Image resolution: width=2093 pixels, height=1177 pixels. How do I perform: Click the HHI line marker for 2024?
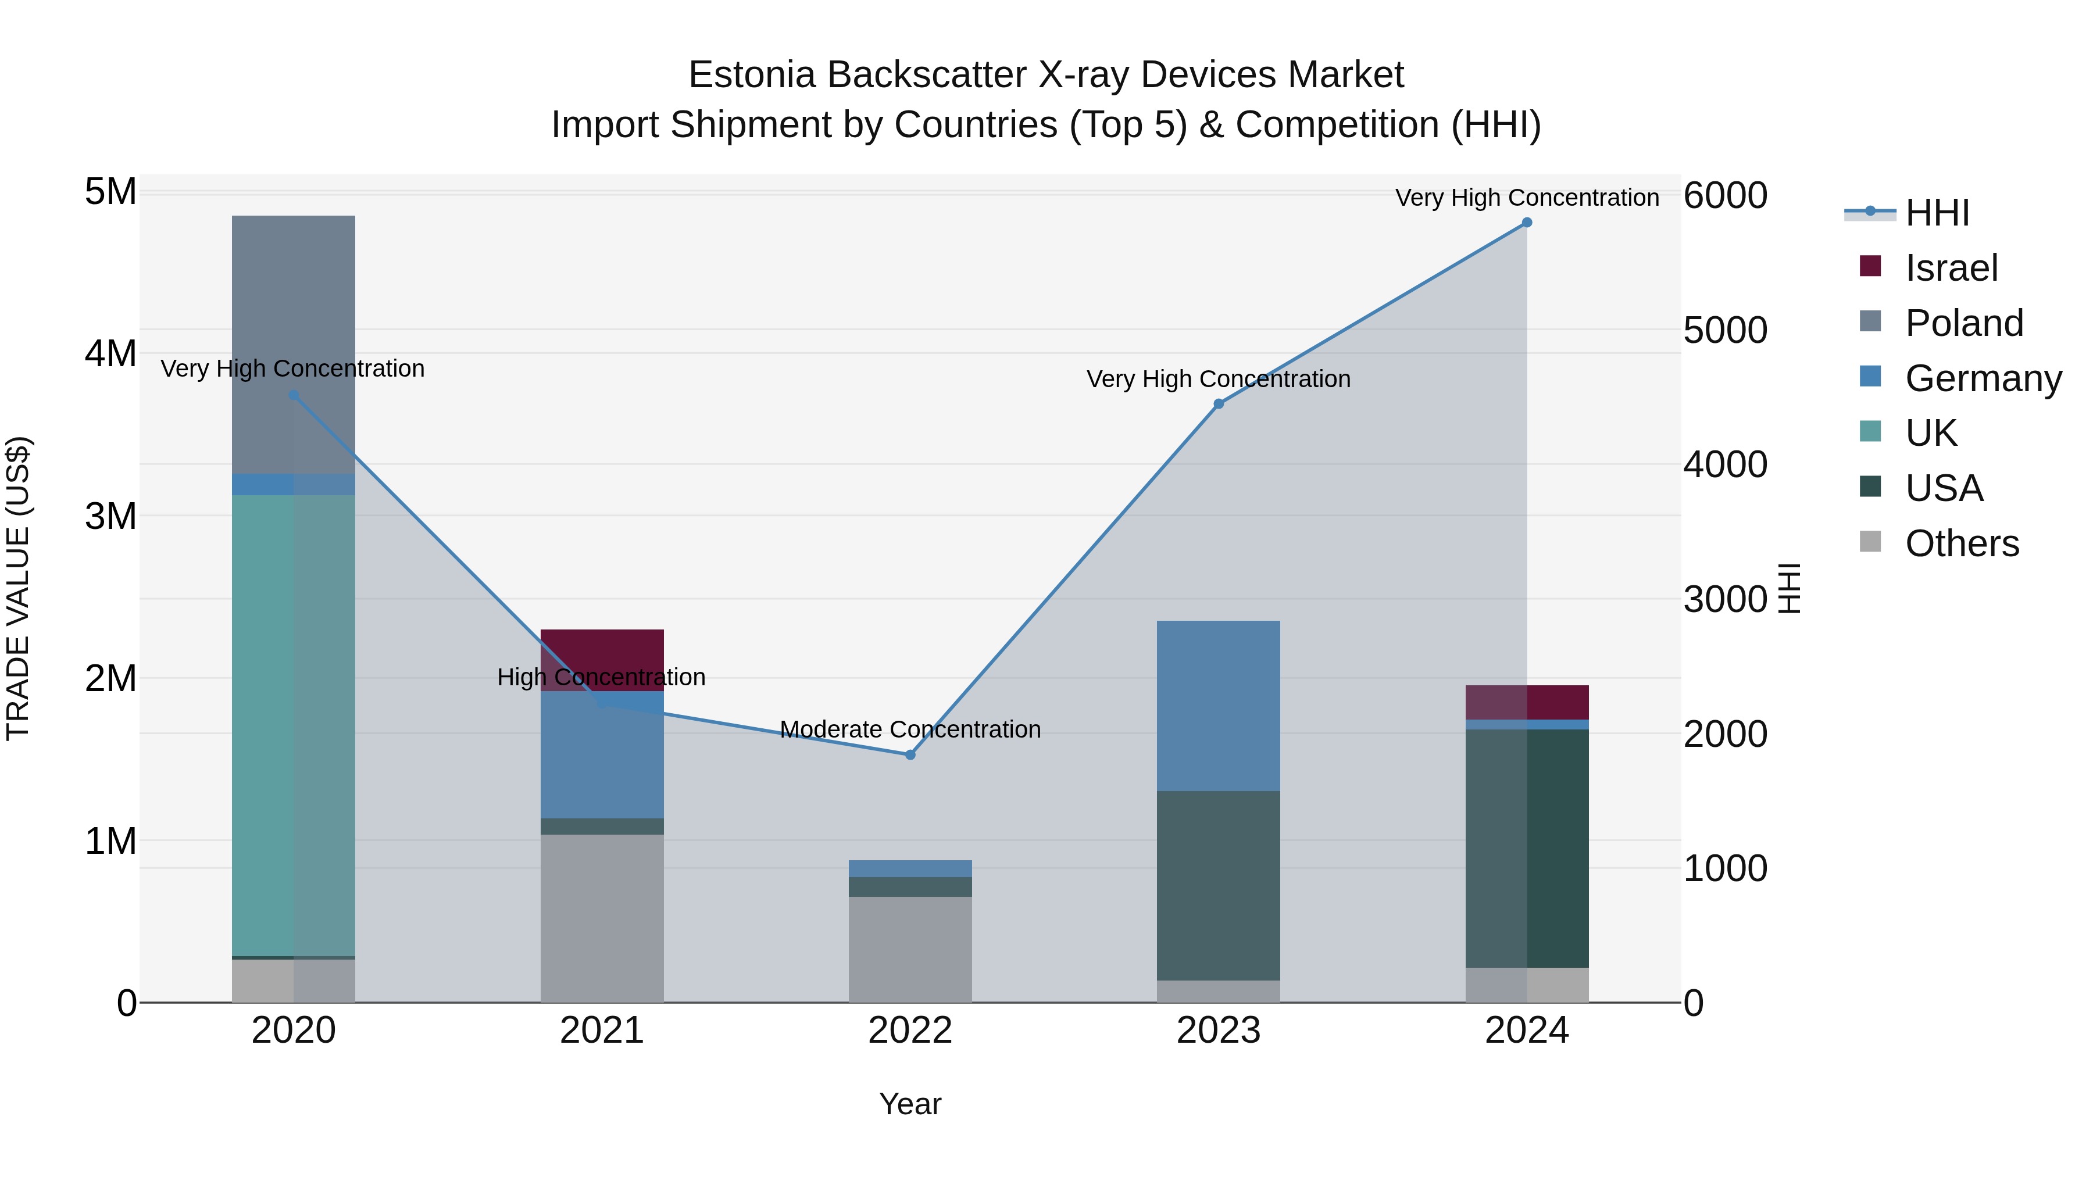pos(1527,223)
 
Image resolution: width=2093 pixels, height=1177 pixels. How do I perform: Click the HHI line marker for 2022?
pos(910,754)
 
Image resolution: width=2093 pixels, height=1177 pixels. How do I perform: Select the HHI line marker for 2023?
pos(1218,404)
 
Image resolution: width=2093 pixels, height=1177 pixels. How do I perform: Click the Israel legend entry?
pos(1950,268)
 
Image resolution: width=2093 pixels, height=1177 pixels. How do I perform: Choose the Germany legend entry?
pos(1983,378)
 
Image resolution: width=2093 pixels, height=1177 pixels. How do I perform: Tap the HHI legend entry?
pos(1936,213)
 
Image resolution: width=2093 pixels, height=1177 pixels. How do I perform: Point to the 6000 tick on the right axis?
pos(1725,196)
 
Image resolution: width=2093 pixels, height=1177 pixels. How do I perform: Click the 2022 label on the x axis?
pos(910,1031)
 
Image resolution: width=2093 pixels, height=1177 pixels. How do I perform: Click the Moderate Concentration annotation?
pos(910,729)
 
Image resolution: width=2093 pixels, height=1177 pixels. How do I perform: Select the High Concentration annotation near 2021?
pos(601,677)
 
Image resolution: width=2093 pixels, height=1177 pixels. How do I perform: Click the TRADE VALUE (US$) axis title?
pos(19,588)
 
